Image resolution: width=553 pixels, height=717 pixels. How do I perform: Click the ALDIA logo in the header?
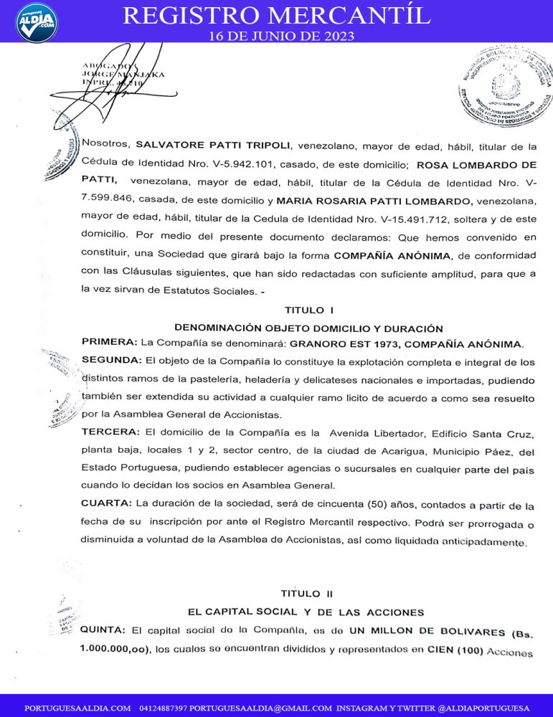click(x=36, y=22)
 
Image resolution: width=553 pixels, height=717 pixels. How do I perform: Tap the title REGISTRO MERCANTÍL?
click(x=277, y=14)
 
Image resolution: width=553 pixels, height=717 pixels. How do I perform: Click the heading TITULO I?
click(x=309, y=310)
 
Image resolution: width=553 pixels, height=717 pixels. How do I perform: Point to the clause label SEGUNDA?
click(x=111, y=359)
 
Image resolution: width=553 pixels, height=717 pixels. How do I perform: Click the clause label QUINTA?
click(x=104, y=630)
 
